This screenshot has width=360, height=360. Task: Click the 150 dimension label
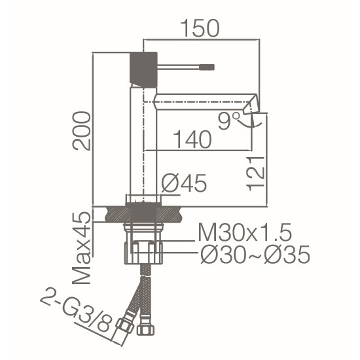click(200, 28)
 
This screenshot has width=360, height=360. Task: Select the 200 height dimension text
click(81, 131)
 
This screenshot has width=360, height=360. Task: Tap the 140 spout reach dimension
click(192, 139)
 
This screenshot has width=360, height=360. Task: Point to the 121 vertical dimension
click(255, 173)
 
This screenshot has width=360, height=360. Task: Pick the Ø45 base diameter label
click(184, 183)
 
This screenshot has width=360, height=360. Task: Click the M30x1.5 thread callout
click(245, 232)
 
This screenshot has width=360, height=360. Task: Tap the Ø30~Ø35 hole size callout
click(255, 255)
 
